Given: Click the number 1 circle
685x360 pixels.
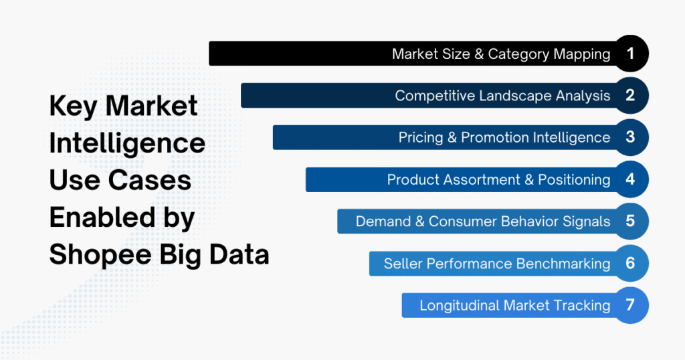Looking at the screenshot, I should pos(629,54).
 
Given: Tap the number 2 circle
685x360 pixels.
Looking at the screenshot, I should pos(629,95).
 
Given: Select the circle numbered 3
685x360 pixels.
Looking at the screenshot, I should pos(629,137).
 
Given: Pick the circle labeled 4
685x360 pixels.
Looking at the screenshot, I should pos(629,179).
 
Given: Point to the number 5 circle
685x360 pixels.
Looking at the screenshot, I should pos(629,221).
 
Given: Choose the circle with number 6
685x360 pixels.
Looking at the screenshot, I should pos(629,263).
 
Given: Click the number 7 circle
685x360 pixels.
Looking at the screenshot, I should pos(629,305).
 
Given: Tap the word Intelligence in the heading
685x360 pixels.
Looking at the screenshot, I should pos(127,143).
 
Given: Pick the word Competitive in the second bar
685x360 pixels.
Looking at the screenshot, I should pos(435,96).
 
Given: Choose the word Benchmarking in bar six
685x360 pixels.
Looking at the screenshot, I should pos(563,264).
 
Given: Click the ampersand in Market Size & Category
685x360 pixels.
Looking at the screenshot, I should pos(479,54).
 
